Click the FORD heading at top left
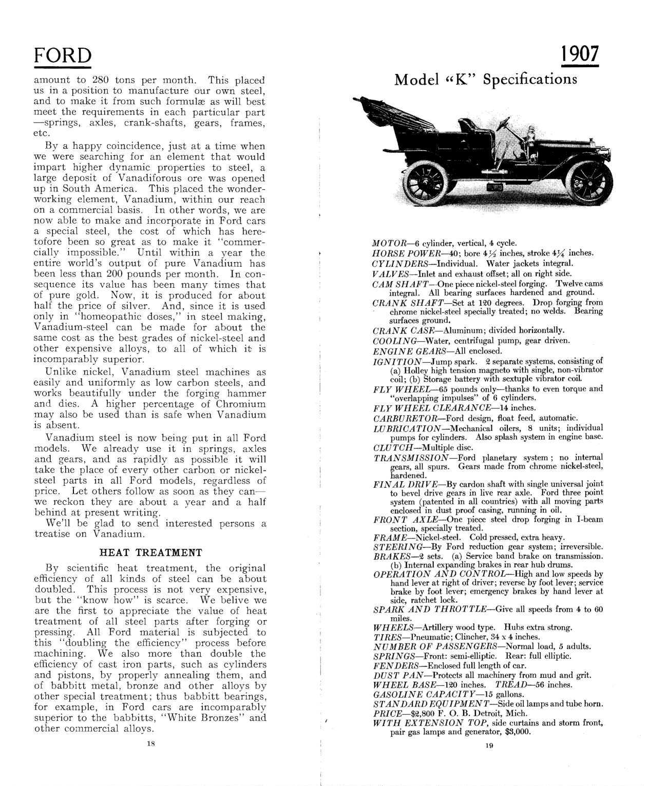pyautogui.click(x=62, y=55)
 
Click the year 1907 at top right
pyautogui.click(x=579, y=54)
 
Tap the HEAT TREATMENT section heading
pyautogui.click(x=150, y=553)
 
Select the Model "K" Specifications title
pyautogui.click(x=485, y=80)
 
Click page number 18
pyautogui.click(x=150, y=742)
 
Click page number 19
pyautogui.click(x=488, y=745)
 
